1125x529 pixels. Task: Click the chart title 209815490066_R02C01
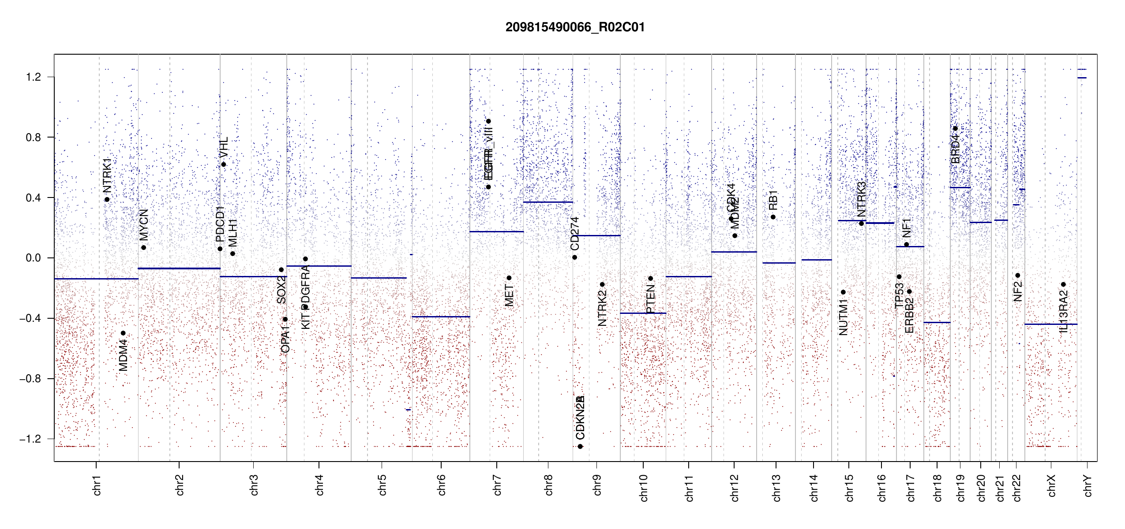coord(575,27)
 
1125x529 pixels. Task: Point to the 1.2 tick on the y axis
coord(33,77)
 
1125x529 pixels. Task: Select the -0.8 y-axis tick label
coord(30,379)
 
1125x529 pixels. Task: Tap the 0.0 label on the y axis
coord(33,258)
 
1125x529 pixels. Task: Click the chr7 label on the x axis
coord(497,485)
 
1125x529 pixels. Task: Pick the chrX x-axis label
coord(1051,485)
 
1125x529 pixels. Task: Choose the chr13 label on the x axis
coord(776,488)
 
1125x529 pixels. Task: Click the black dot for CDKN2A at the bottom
coord(580,447)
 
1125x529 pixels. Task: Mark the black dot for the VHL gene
coord(224,164)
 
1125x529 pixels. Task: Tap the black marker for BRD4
coord(955,129)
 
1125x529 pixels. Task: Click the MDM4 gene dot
coord(123,333)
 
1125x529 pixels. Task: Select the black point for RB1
coord(773,217)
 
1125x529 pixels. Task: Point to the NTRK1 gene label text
coord(107,175)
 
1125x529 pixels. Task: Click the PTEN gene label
coord(650,299)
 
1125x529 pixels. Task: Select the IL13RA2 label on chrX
coord(1063,311)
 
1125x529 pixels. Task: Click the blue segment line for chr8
coord(548,202)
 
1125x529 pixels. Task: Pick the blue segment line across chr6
coord(441,317)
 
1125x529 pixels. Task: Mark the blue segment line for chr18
coord(937,323)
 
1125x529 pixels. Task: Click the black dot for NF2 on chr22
coord(1017,276)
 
